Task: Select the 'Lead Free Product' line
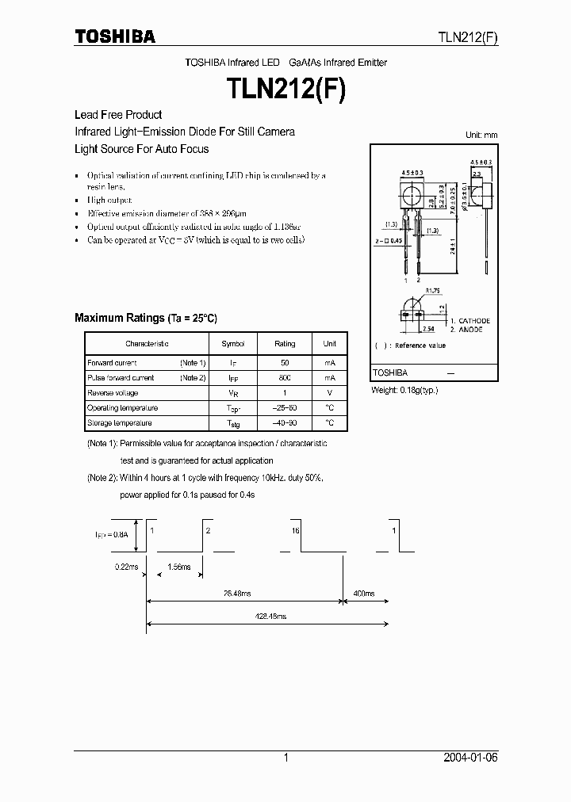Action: pyautogui.click(x=118, y=115)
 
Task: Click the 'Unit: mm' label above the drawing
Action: pyautogui.click(x=481, y=135)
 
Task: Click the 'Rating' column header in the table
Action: pyautogui.click(x=285, y=344)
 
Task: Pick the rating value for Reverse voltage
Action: pyautogui.click(x=285, y=393)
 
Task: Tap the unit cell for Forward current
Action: pyautogui.click(x=329, y=362)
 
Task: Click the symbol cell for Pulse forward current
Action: pyautogui.click(x=233, y=378)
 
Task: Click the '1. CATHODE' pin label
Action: pyautogui.click(x=469, y=321)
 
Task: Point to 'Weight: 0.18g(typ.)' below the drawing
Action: pyautogui.click(x=404, y=390)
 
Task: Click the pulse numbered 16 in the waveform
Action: pyautogui.click(x=295, y=530)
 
